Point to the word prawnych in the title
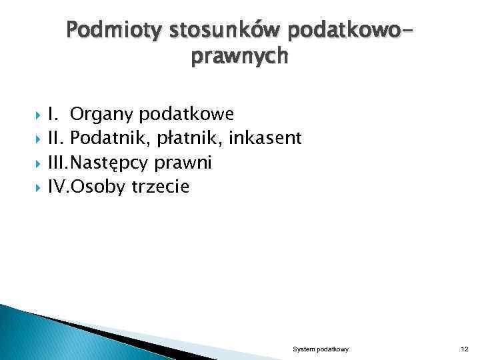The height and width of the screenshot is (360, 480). click(x=240, y=58)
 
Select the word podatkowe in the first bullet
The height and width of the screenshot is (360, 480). click(x=187, y=114)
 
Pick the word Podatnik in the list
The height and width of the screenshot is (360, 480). click(x=103, y=139)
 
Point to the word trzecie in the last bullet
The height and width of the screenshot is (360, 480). click(x=161, y=188)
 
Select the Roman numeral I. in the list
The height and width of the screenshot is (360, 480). click(x=53, y=114)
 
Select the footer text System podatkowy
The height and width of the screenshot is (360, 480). click(x=321, y=349)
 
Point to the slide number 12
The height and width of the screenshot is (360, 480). click(x=465, y=349)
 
